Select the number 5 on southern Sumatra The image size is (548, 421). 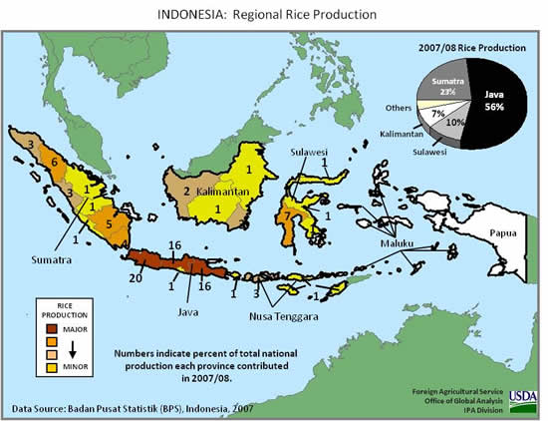110,224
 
